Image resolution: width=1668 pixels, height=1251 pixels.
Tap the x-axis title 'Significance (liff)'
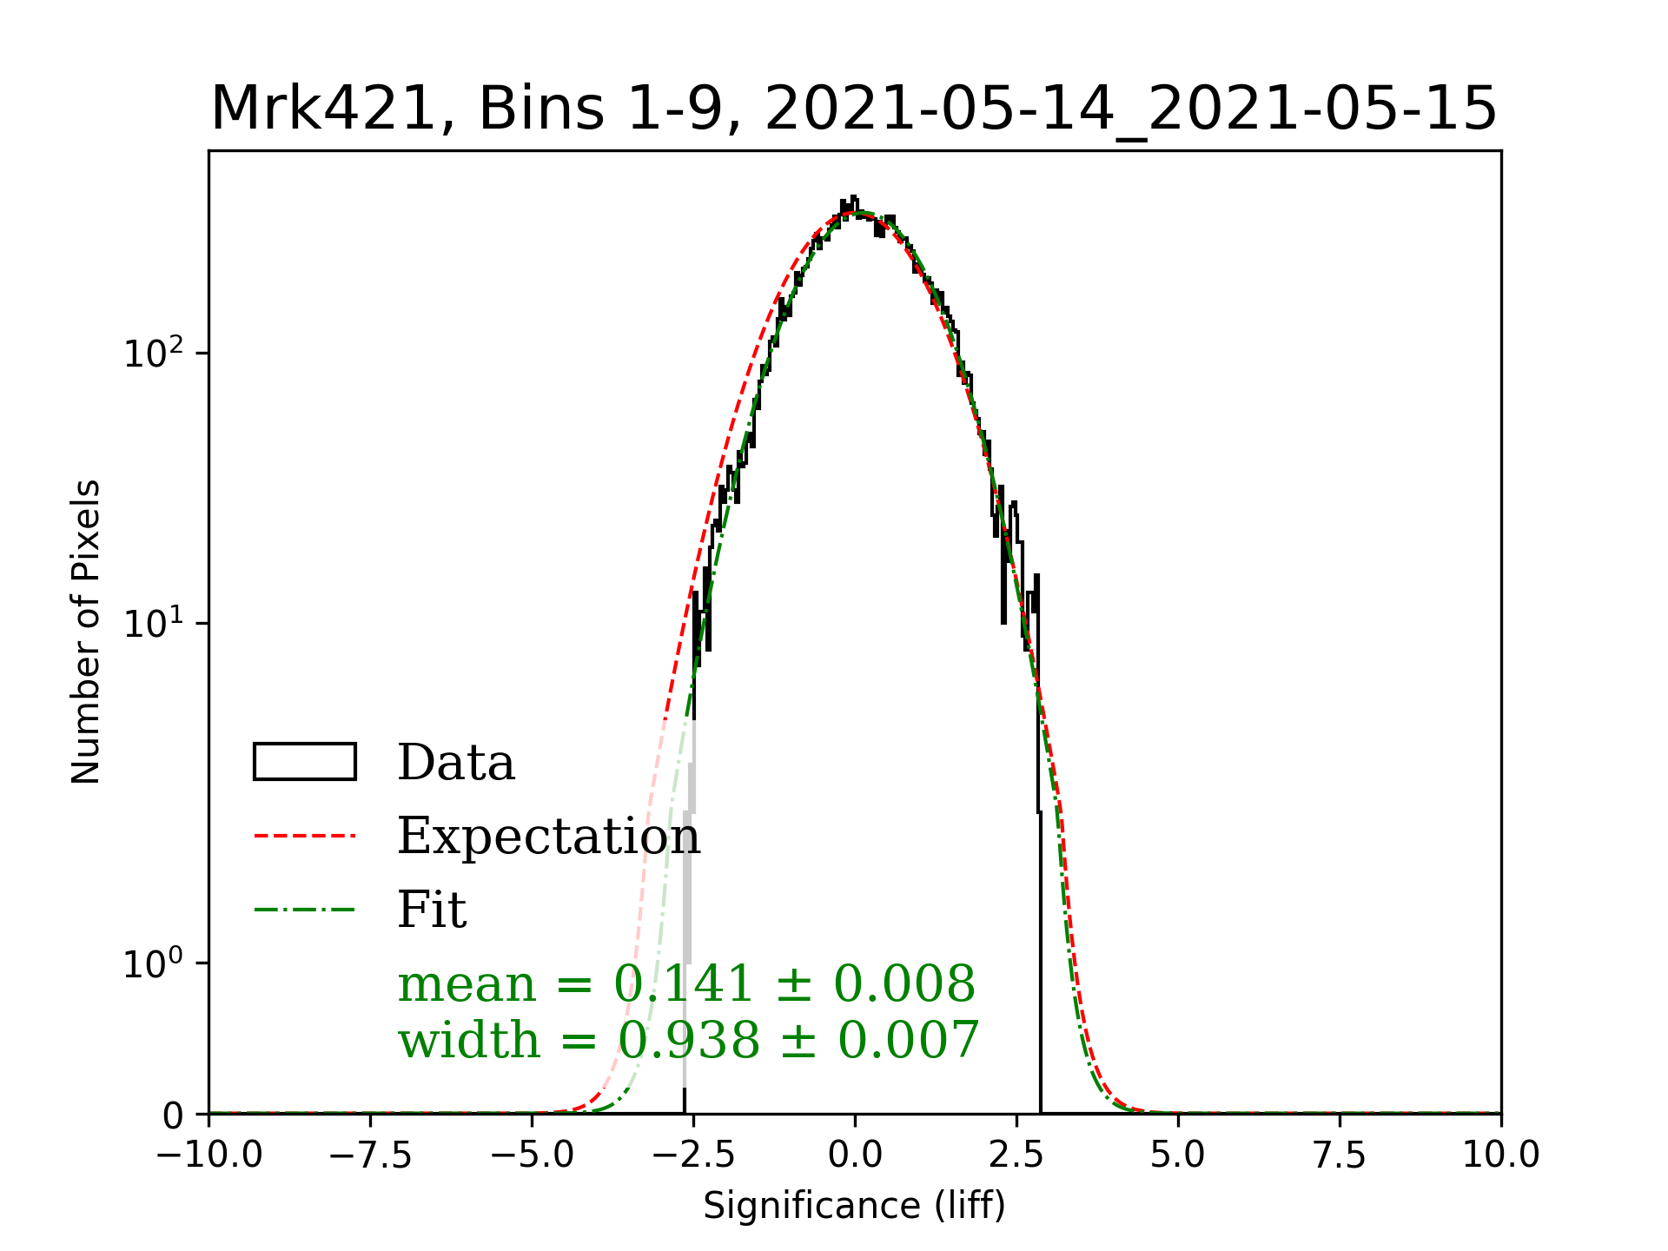pos(854,1206)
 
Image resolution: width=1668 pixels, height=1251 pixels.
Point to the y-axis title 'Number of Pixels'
pos(86,632)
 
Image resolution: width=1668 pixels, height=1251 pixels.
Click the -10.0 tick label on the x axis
pos(209,1155)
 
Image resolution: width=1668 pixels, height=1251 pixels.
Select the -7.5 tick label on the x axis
pos(371,1155)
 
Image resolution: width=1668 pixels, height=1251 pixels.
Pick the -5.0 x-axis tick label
pos(533,1155)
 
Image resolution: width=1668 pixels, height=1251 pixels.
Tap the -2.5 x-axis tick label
pos(693,1155)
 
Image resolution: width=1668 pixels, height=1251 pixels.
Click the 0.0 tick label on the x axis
pos(855,1155)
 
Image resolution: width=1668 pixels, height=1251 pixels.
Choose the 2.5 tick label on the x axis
pos(1016,1155)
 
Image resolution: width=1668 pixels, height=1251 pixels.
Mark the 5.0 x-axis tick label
pos(1178,1155)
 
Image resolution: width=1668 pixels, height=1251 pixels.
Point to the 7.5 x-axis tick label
pos(1340,1155)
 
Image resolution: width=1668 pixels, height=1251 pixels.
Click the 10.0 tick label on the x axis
pos(1500,1155)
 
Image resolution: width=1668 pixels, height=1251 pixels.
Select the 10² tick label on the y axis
pos(155,353)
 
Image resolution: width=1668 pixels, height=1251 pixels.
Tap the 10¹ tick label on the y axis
pos(155,624)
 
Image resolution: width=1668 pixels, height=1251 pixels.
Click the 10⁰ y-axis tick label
pos(155,963)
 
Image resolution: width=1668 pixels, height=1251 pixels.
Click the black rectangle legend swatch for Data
pos(305,762)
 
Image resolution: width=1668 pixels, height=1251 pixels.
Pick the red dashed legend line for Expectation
pos(305,836)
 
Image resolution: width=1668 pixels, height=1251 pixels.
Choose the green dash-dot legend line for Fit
pos(305,910)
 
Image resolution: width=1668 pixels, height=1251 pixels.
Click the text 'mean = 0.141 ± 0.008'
pos(686,984)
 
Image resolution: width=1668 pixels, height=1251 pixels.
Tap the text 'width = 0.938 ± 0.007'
pos(688,1040)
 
